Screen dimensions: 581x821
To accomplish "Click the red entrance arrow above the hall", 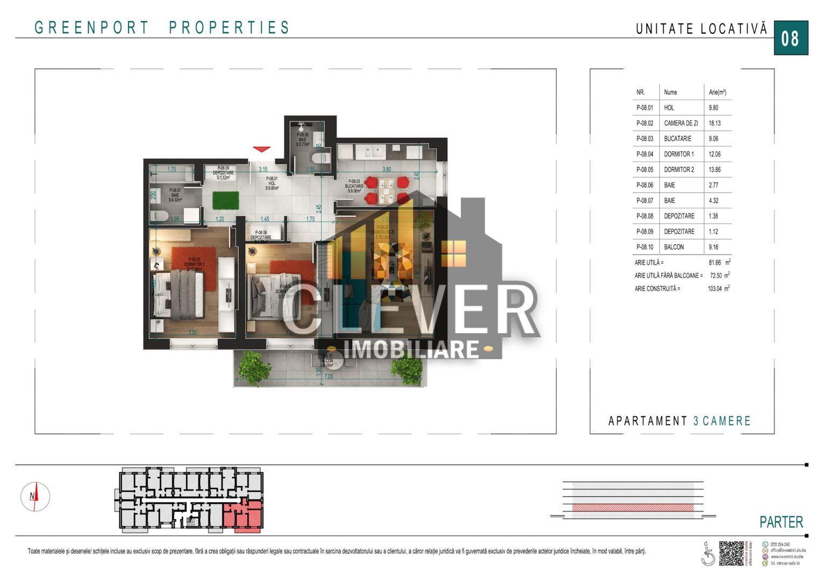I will (x=261, y=149).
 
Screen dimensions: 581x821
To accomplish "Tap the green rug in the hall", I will (x=225, y=200).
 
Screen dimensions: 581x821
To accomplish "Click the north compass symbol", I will (x=35, y=497).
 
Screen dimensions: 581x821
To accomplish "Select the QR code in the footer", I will (x=731, y=553).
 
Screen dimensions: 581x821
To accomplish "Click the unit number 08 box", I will (x=790, y=38).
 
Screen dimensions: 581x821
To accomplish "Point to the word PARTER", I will (x=781, y=522).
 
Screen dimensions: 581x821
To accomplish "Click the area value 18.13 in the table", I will (x=715, y=123).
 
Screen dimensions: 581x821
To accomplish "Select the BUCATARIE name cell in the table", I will (x=677, y=139).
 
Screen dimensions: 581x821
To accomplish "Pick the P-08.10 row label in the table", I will (x=645, y=247).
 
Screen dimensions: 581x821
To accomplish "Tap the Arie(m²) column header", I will (x=717, y=93).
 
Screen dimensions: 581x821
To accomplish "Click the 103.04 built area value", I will (x=715, y=289).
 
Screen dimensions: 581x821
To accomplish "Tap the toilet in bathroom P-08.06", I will (x=319, y=158).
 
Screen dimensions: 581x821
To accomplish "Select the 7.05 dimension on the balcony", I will (x=329, y=377).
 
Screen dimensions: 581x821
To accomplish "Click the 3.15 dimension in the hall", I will (x=263, y=169).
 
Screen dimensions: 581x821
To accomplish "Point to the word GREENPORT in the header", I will (x=91, y=27).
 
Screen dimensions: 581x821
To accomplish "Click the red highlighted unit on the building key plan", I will (x=243, y=518).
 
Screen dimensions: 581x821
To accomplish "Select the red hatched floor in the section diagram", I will (x=632, y=507).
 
